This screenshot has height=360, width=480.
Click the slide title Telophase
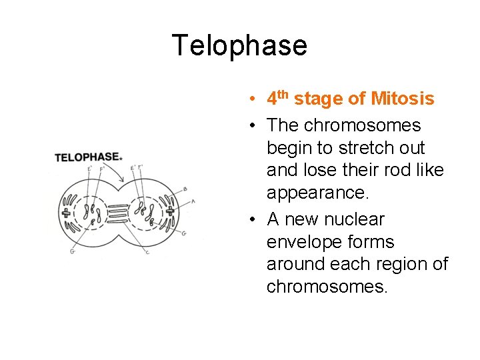coord(239,45)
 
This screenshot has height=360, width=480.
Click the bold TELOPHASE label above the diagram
coord(87,157)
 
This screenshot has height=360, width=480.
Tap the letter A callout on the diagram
coord(193,201)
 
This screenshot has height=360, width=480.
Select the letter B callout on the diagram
coord(184,189)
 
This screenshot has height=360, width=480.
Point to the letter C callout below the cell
coord(147,251)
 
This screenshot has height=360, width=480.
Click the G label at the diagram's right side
coord(183,233)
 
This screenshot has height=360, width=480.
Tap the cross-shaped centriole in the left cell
coord(66,213)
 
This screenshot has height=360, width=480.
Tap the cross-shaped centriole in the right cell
coord(169,211)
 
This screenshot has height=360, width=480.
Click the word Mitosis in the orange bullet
coord(402,99)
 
